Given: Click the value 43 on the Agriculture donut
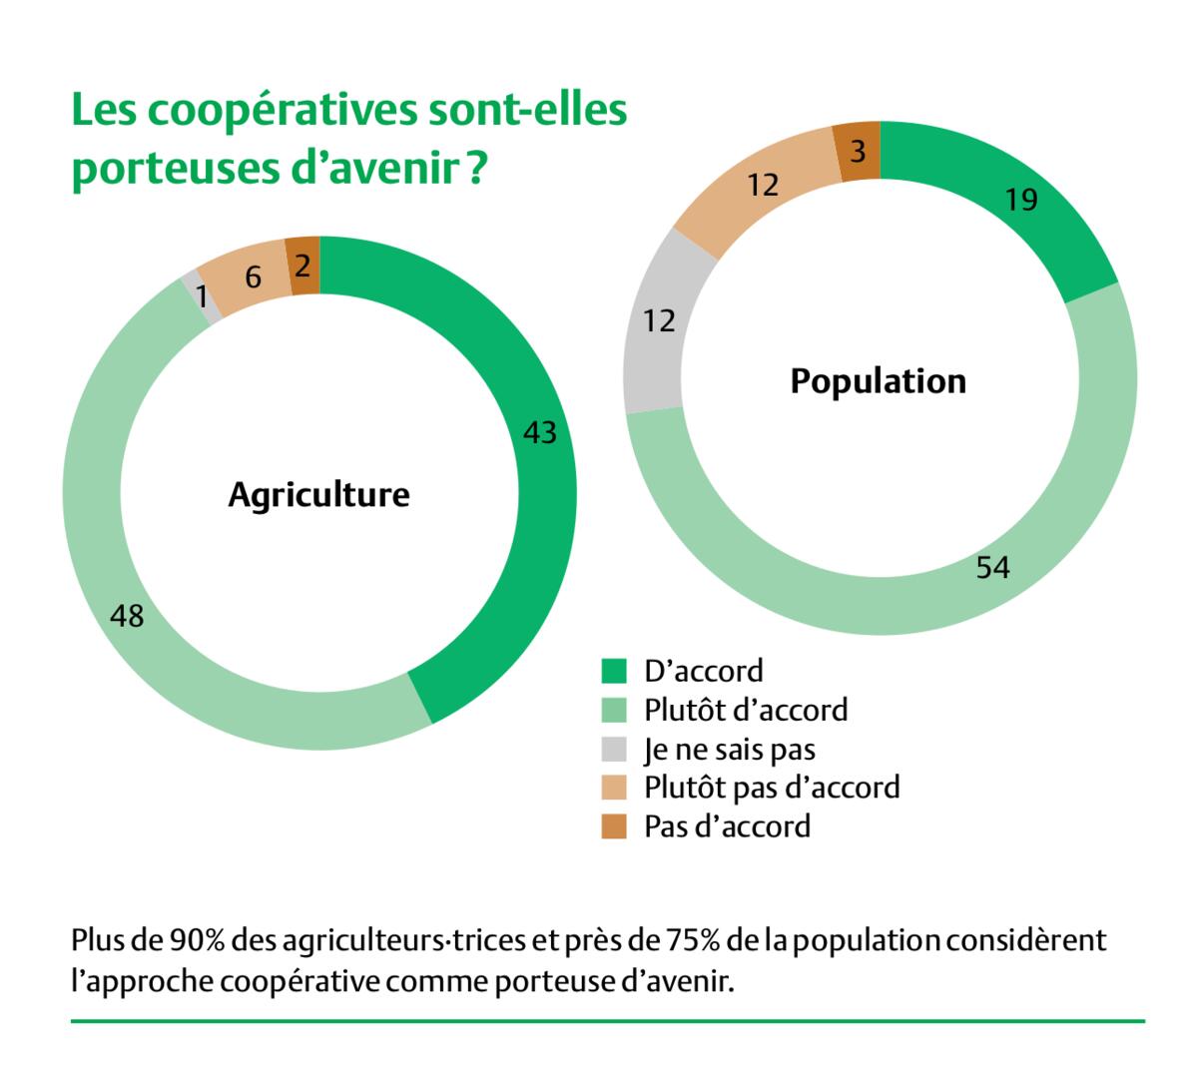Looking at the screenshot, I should [x=539, y=433].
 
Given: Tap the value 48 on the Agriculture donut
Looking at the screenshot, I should [x=127, y=616].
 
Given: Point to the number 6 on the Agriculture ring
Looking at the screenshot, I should [x=254, y=278].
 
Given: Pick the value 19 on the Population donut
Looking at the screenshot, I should [x=1021, y=201].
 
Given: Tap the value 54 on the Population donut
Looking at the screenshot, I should [x=993, y=568].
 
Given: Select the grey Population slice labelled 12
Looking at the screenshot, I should [x=660, y=321].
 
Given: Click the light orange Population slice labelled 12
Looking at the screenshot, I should [x=764, y=186].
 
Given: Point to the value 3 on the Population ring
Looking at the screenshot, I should [x=859, y=153].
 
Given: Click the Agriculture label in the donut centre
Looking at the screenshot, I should [x=318, y=495].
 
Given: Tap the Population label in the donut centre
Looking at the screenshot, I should [x=878, y=381].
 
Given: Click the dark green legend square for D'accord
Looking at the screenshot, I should [x=614, y=671].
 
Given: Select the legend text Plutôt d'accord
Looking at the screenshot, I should [x=746, y=710].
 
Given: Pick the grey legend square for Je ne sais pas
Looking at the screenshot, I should [x=614, y=749].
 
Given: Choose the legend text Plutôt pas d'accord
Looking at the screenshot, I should [x=772, y=788].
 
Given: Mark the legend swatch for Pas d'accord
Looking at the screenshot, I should [x=614, y=826].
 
